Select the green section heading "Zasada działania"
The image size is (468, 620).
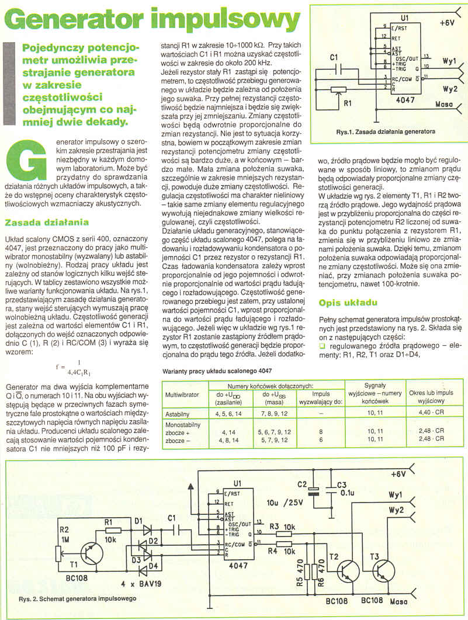[x=47, y=222]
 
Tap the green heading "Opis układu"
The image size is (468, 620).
[x=349, y=303]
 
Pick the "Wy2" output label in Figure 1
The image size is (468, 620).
[x=450, y=89]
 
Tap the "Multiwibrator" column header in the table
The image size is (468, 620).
[x=183, y=394]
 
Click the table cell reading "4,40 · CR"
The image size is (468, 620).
[x=431, y=412]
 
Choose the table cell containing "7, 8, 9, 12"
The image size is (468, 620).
[x=272, y=412]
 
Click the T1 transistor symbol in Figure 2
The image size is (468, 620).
[x=88, y=551]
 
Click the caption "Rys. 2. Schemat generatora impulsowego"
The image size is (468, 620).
[x=78, y=599]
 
